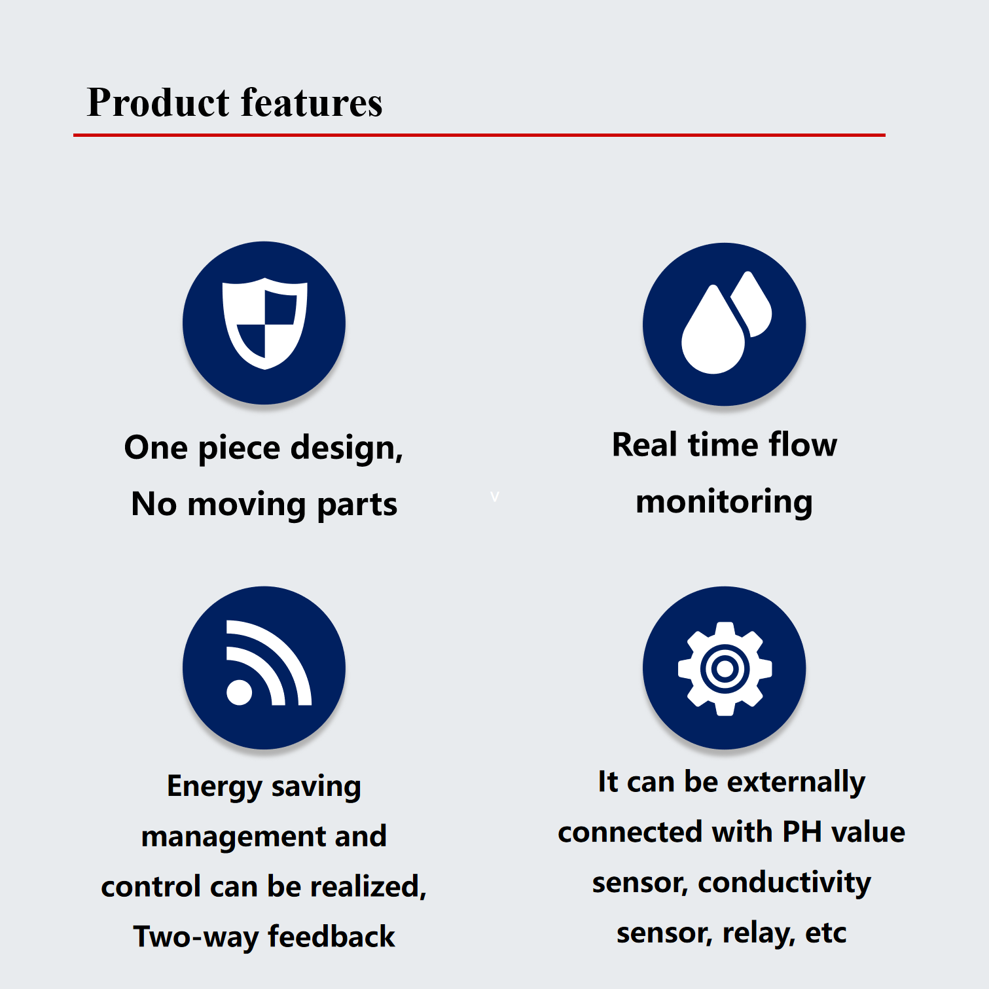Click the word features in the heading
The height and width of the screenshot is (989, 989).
pyautogui.click(x=312, y=103)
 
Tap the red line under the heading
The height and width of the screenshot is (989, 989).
pyautogui.click(x=479, y=135)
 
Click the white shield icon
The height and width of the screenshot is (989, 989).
pyautogui.click(x=264, y=323)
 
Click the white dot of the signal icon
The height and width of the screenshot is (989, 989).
pyautogui.click(x=239, y=692)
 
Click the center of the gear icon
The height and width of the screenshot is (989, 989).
pyautogui.click(x=725, y=669)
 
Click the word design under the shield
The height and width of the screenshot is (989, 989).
pyautogui.click(x=346, y=450)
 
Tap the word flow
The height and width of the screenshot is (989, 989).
pyautogui.click(x=803, y=445)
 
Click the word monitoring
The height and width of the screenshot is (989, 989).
pyautogui.click(x=725, y=503)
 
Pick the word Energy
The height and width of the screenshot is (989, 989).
pyautogui.click(x=215, y=787)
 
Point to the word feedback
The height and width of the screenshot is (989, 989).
pyautogui.click(x=332, y=937)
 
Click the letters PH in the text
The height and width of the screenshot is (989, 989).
pyautogui.click(x=802, y=832)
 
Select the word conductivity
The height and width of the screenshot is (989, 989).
pyautogui.click(x=785, y=882)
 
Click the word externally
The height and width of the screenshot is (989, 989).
pyautogui.click(x=797, y=783)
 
